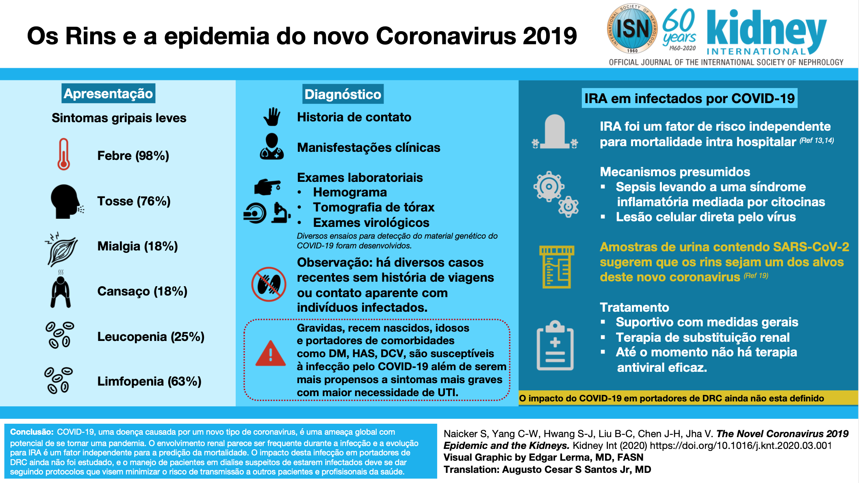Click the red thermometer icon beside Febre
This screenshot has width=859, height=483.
click(63, 154)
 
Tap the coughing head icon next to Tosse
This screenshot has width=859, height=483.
click(65, 202)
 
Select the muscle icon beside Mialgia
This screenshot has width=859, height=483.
click(62, 249)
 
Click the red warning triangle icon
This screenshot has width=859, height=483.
click(271, 354)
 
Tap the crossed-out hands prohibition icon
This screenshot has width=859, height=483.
click(269, 284)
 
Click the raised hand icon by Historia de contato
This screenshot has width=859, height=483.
click(272, 117)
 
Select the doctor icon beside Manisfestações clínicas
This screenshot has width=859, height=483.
click(272, 147)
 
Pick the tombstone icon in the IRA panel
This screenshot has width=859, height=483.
click(555, 132)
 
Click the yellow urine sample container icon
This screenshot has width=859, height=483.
click(556, 266)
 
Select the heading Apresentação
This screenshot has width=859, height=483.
click(108, 93)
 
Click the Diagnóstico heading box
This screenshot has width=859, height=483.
click(343, 94)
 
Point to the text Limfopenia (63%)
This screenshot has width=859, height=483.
click(149, 381)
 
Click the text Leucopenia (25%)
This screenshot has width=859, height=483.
click(151, 336)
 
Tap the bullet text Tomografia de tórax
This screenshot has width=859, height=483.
click(373, 207)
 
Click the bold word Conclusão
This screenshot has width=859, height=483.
click(32, 432)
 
